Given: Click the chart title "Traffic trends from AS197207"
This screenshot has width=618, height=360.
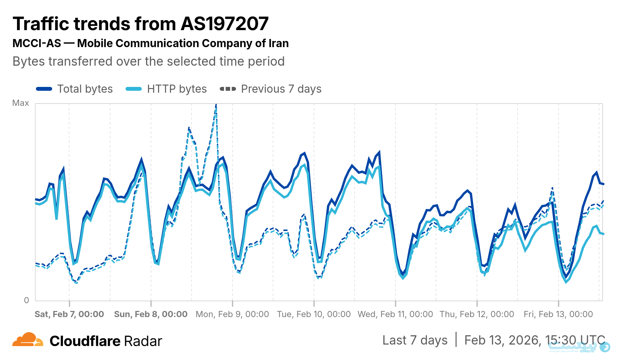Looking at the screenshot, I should point(141,24).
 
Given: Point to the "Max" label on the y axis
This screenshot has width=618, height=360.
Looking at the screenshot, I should point(20,103).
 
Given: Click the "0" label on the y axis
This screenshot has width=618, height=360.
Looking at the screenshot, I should point(26,300).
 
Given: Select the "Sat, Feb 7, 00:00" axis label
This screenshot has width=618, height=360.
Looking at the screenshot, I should point(70,314).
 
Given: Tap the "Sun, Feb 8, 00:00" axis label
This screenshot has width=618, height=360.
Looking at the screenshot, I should point(151,314).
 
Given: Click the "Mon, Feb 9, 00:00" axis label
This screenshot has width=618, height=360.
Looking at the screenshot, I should point(232,314).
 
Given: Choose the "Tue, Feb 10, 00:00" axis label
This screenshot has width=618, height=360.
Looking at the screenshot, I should point(314,314).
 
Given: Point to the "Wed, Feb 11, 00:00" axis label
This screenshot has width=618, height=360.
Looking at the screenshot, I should point(395,314).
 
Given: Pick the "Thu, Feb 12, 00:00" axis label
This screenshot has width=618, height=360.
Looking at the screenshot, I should point(477,314).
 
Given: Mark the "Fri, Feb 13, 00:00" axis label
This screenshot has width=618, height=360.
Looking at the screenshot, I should point(558,314).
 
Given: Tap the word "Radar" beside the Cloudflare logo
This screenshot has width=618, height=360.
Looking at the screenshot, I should point(143,341).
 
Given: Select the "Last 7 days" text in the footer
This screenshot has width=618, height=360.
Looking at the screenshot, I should point(415,340).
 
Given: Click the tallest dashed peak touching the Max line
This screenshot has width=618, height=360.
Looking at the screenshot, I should point(216,105).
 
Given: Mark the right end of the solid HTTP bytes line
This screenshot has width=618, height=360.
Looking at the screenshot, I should point(603,234).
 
